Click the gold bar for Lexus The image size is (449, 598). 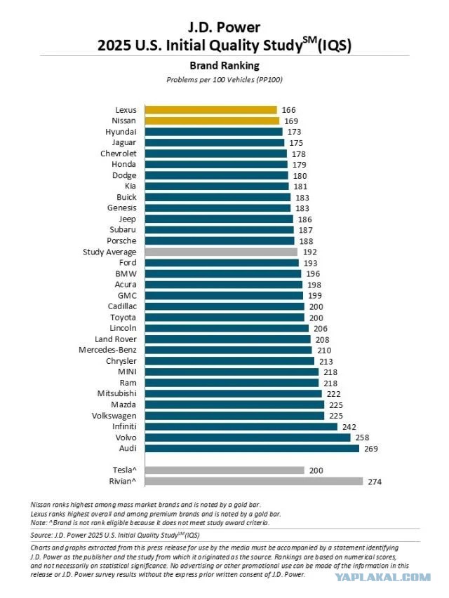point(210,110)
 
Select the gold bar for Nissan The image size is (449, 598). point(212,121)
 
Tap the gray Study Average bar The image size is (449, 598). point(221,252)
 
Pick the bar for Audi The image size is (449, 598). point(252,449)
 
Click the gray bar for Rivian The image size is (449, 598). point(254,482)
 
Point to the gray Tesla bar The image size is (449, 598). point(224,470)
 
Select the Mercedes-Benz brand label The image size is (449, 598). point(107,350)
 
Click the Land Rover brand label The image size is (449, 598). point(115,339)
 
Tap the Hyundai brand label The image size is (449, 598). point(121,132)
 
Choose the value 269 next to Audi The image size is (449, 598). point(370,449)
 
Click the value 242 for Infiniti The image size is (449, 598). point(349,427)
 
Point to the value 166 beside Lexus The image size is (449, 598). point(288,110)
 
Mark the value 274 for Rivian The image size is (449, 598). point(375,482)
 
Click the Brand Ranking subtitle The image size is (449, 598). point(224,66)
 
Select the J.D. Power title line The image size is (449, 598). point(224,27)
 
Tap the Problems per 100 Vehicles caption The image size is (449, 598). point(224,80)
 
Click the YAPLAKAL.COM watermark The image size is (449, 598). point(382,578)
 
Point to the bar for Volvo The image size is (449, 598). point(248,437)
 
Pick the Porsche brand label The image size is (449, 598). point(121,241)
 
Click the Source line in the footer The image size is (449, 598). point(115,535)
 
